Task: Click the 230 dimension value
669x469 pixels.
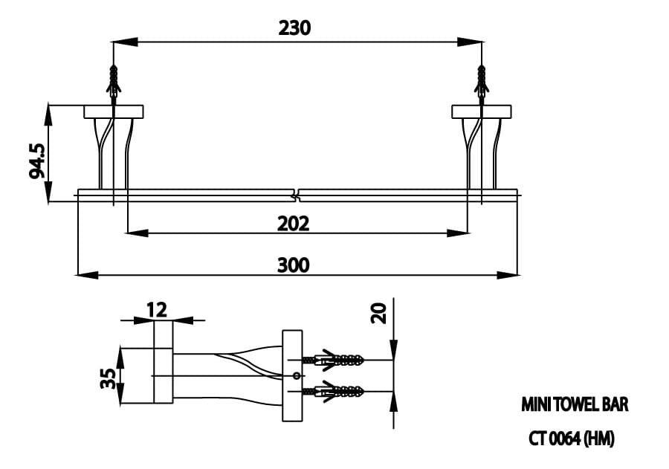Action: (x=294, y=28)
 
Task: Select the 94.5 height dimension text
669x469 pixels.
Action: (x=37, y=161)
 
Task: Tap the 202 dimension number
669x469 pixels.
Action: (x=293, y=223)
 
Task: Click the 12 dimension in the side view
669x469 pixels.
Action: (x=157, y=309)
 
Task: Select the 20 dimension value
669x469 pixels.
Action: (x=380, y=313)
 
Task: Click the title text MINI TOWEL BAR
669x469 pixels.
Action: (x=575, y=405)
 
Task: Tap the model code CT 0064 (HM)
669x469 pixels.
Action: (x=571, y=439)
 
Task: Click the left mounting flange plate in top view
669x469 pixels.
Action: (x=113, y=111)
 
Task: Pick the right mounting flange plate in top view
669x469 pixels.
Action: (x=482, y=111)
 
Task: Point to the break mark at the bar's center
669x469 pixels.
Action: (x=298, y=195)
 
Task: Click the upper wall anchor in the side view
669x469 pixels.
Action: (x=338, y=360)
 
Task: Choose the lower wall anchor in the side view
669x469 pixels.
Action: (x=338, y=390)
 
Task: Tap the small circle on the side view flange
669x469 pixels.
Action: (x=296, y=375)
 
